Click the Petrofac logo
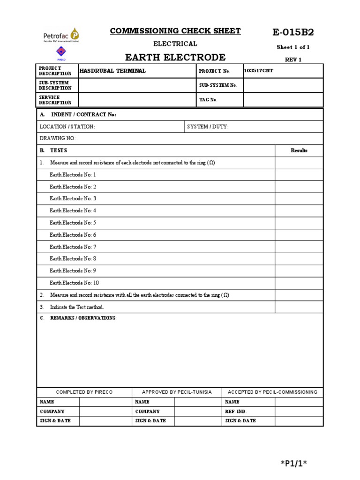pos(61,35)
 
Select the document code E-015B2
pos(293,32)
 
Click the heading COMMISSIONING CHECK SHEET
pos(175,31)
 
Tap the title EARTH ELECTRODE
pos(175,58)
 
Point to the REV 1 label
pos(293,60)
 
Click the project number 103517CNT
pos(258,70)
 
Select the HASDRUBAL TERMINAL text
pos(112,71)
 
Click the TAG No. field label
pos(208,100)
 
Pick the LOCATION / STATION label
pos(67,127)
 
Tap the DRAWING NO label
pos(57,139)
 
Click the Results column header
pos(299,150)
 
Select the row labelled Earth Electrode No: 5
pos(73,223)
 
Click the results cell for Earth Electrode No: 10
pos(299,283)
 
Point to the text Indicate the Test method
pos(77,307)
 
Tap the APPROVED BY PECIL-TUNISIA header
pos(177,392)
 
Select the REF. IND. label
pos(236,411)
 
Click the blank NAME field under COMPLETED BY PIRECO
pos(105,402)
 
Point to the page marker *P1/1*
pos(293,464)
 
